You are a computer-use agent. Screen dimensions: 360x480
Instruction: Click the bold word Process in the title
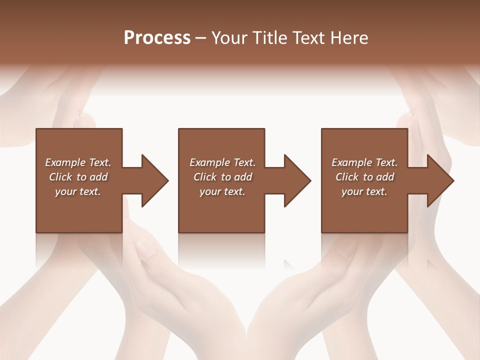click(157, 38)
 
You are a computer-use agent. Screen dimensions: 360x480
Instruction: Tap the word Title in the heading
click(270, 38)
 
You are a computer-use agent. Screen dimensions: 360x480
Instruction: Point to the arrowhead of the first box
click(152, 180)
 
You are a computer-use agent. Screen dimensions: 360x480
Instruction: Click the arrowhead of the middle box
click(295, 180)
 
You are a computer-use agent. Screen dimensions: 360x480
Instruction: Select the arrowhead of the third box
click(438, 180)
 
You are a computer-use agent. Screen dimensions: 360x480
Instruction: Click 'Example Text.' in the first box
click(78, 162)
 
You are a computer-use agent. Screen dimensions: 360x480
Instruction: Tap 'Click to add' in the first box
click(78, 177)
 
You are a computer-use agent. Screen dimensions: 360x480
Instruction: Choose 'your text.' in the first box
click(78, 191)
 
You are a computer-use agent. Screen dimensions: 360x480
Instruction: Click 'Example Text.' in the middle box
click(222, 162)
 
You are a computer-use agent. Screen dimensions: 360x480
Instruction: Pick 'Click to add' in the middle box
click(222, 177)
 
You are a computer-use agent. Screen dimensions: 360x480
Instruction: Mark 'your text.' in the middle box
click(222, 191)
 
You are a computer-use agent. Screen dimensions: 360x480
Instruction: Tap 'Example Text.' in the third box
click(364, 162)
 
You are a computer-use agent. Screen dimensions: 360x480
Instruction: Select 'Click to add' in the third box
click(364, 177)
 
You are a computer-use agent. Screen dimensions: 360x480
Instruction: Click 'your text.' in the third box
click(364, 191)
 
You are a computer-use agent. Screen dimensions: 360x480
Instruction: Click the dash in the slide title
click(201, 38)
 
